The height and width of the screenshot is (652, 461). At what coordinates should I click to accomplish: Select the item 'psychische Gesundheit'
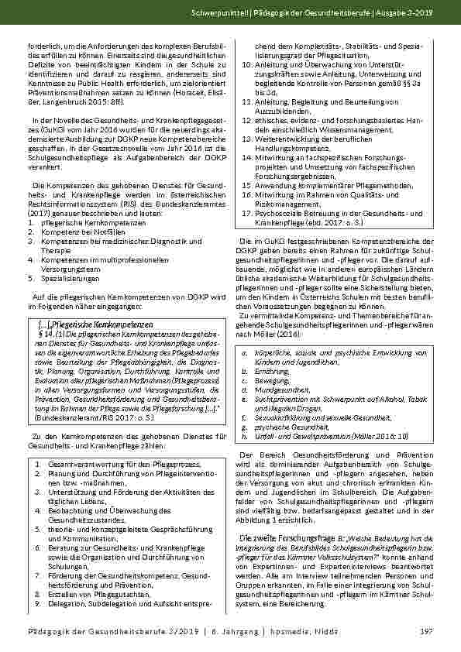click(x=287, y=427)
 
